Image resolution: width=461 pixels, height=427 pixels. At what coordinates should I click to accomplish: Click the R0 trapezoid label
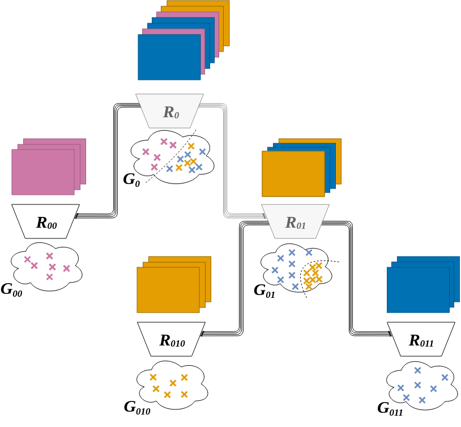170,111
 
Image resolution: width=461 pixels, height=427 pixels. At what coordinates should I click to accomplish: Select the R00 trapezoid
45,221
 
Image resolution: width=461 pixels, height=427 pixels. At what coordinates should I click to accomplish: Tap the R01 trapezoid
295,221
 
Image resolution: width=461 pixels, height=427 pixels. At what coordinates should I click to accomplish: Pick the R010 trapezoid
171,339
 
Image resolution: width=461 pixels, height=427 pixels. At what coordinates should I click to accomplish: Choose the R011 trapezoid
421,339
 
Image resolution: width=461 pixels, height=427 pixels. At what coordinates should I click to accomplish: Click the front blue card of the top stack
169,57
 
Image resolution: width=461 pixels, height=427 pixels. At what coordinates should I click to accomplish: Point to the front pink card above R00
43,172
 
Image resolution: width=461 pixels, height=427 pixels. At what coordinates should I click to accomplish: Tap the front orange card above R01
293,174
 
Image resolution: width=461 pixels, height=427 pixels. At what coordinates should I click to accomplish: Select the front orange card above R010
168,290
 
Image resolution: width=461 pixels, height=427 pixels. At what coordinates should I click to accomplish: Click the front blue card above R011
418,290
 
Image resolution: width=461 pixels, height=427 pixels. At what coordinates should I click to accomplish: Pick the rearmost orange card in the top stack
226,23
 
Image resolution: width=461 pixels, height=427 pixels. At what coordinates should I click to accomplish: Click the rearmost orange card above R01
338,161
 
